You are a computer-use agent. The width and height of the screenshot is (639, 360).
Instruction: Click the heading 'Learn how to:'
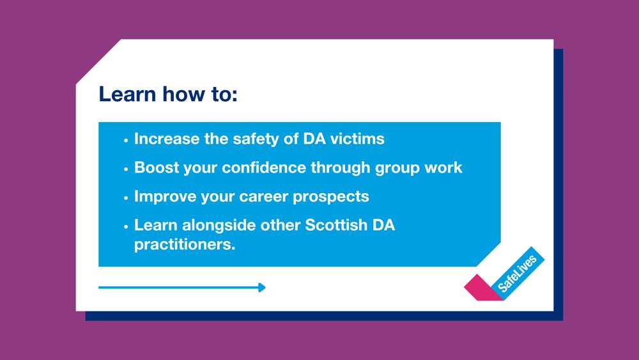(168, 94)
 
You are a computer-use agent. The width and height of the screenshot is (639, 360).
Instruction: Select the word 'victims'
(357, 139)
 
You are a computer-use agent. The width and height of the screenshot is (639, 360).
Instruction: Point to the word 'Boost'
(157, 168)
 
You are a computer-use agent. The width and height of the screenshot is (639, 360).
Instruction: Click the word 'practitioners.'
(185, 245)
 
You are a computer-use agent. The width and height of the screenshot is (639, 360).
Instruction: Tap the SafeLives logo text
(517, 274)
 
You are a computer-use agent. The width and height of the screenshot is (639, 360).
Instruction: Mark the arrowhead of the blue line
(262, 288)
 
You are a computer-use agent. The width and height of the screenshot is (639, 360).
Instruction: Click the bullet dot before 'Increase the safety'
(126, 140)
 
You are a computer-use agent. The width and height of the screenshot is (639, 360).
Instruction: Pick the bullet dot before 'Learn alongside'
(126, 226)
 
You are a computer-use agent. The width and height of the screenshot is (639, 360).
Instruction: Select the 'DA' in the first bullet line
(314, 139)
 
